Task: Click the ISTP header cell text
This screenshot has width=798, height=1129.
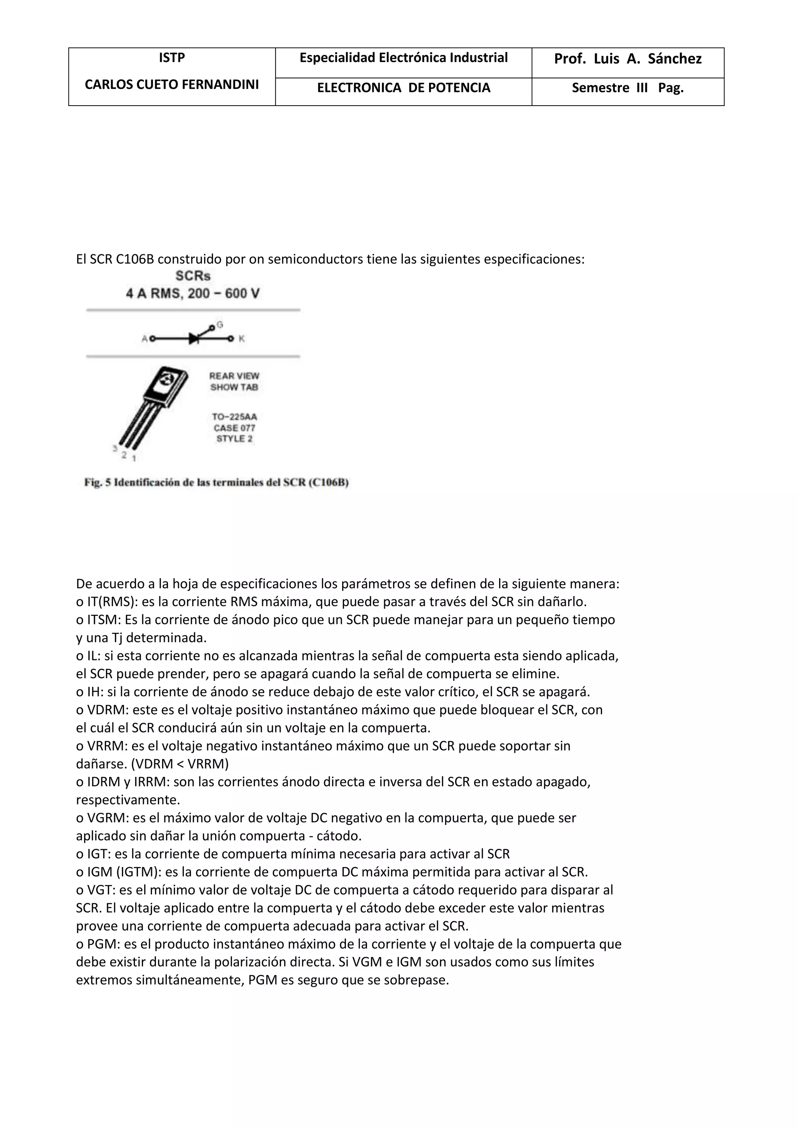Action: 171,58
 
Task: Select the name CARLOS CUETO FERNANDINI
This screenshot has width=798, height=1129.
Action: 171,85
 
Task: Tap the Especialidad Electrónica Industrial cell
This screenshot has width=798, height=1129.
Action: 403,58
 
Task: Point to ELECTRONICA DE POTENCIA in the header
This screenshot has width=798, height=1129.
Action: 403,88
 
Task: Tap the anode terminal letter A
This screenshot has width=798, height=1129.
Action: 145,339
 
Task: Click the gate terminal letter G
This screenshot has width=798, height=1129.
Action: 220,324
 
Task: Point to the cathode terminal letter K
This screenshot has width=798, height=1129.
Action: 242,339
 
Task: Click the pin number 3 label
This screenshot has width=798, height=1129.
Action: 115,448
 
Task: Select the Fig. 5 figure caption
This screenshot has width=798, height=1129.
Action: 216,483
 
